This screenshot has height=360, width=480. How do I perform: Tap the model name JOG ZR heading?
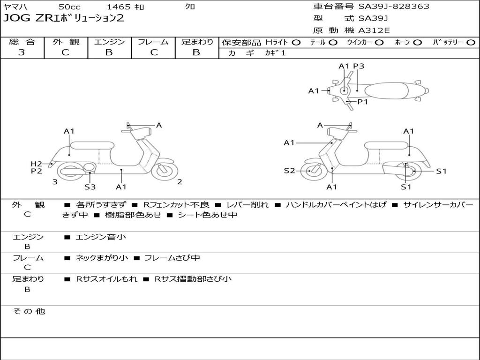point(64,19)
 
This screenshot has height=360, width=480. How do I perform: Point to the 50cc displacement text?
point(69,7)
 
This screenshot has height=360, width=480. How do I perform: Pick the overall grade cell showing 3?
point(22,52)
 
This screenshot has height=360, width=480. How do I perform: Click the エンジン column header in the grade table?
point(109,42)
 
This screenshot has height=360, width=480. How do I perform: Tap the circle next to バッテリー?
point(470,42)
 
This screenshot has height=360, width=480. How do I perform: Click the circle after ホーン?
point(417,42)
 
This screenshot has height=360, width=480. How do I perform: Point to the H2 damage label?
point(37,164)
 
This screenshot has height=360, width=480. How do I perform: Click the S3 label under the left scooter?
point(90,187)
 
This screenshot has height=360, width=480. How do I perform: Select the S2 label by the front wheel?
point(289,171)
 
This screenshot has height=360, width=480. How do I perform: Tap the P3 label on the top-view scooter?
point(359,66)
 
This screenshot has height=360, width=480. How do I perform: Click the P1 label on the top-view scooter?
point(363,101)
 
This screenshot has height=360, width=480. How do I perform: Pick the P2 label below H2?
point(37,171)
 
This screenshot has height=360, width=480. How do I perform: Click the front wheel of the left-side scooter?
point(165,170)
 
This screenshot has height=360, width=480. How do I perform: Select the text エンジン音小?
point(101,237)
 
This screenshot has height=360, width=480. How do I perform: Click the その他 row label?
point(29,311)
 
